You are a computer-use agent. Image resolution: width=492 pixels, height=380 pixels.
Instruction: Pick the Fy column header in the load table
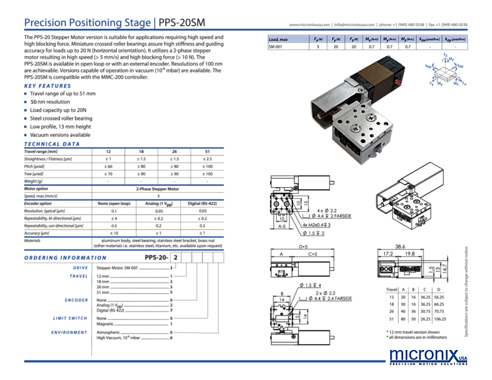[x=337, y=39]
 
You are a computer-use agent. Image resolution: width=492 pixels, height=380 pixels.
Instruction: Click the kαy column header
[x=455, y=39]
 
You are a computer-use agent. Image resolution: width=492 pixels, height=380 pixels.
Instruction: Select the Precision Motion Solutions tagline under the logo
[x=427, y=366]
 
